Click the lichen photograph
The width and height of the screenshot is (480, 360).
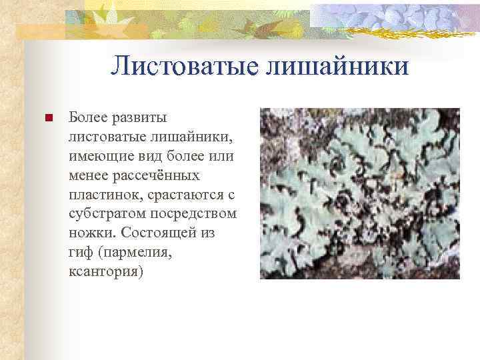coord(359,193)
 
